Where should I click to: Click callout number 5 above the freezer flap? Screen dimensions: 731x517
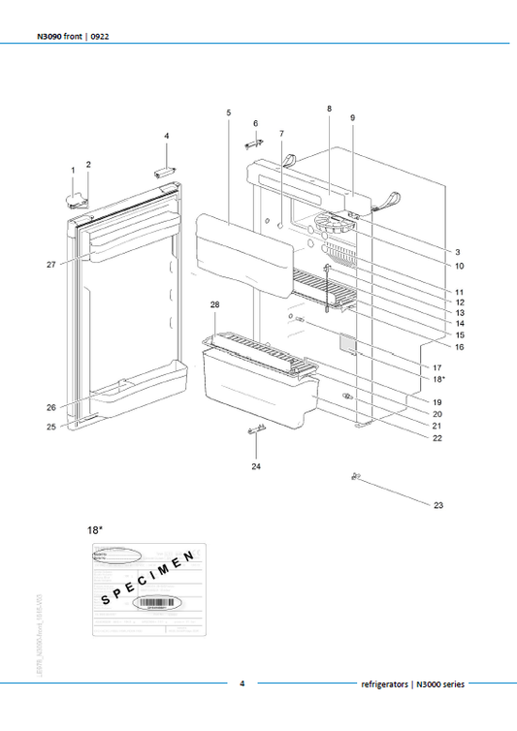228,113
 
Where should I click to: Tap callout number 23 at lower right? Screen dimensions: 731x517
438,505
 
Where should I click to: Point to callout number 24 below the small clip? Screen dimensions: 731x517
256,466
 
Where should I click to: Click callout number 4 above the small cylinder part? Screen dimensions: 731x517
166,136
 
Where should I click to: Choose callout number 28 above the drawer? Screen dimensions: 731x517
214,305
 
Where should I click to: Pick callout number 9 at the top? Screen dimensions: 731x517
353,117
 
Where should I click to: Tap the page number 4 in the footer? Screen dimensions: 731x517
242,683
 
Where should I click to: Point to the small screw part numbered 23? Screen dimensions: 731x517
356,475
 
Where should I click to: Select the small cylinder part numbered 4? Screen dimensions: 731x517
164,170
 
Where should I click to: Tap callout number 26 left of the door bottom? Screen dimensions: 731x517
51,407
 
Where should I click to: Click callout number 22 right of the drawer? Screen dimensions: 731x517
438,438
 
